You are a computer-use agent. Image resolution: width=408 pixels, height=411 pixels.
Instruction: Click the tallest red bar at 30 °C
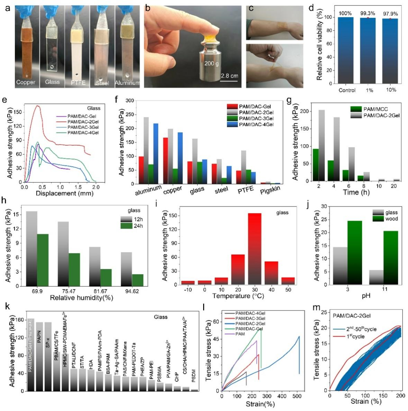click(255, 249)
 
